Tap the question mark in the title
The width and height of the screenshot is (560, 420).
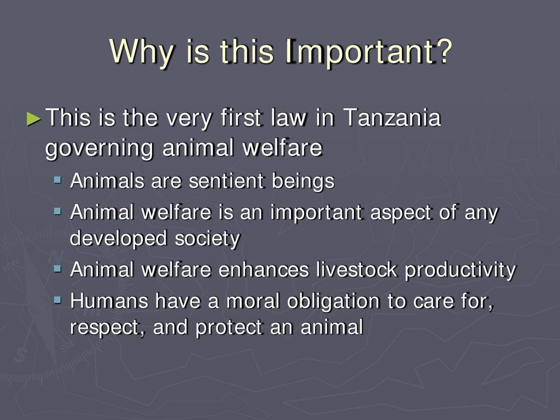(x=444, y=51)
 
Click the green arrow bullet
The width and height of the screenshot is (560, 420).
(x=34, y=119)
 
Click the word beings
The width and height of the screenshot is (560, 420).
(x=303, y=182)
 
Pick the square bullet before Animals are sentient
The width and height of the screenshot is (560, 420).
(x=57, y=179)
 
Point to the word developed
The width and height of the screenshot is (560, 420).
(x=118, y=239)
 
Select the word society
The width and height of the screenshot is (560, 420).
(x=207, y=239)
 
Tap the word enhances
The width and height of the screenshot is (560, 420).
(x=264, y=270)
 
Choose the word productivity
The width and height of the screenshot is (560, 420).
(x=460, y=271)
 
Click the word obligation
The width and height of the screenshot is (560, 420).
(x=333, y=301)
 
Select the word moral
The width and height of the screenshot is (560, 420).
(x=253, y=301)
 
